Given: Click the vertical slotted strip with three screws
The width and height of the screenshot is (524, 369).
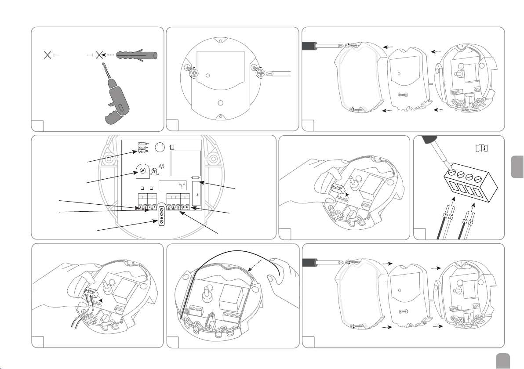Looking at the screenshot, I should click(x=162, y=215).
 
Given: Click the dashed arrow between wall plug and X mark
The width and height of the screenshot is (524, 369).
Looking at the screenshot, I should click(x=109, y=55).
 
